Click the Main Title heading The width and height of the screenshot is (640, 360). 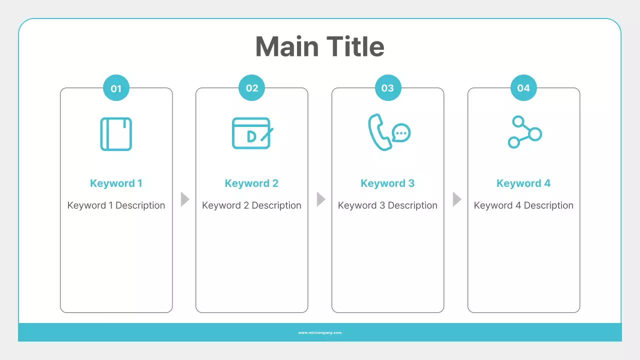pos(319,46)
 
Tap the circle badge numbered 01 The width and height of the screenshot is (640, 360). pos(116,88)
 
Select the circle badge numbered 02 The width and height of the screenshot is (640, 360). pos(252,88)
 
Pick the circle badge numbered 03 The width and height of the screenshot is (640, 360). pos(387,88)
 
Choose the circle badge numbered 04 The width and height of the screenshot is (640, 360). pos(523,88)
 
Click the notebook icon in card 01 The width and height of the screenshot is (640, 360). pos(116,133)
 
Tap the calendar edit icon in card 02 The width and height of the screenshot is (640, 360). pos(252,133)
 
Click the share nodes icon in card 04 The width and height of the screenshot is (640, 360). pos(524,132)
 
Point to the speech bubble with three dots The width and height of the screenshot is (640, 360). pos(401,133)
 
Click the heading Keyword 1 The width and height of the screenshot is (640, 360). pos(116,183)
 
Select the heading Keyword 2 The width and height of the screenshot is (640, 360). pos(251,183)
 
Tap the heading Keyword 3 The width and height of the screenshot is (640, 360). pos(387,183)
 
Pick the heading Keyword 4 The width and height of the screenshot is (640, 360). pos(523,183)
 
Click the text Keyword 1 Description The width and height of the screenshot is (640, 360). pos(116,205)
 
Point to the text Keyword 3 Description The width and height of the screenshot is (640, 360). pos(387,205)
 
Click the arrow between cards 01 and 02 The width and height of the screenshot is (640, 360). pos(184,199)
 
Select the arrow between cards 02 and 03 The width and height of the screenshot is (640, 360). pos(320,199)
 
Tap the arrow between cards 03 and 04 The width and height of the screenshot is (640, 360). pos(456,199)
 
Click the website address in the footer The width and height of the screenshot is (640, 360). pos(320,332)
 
